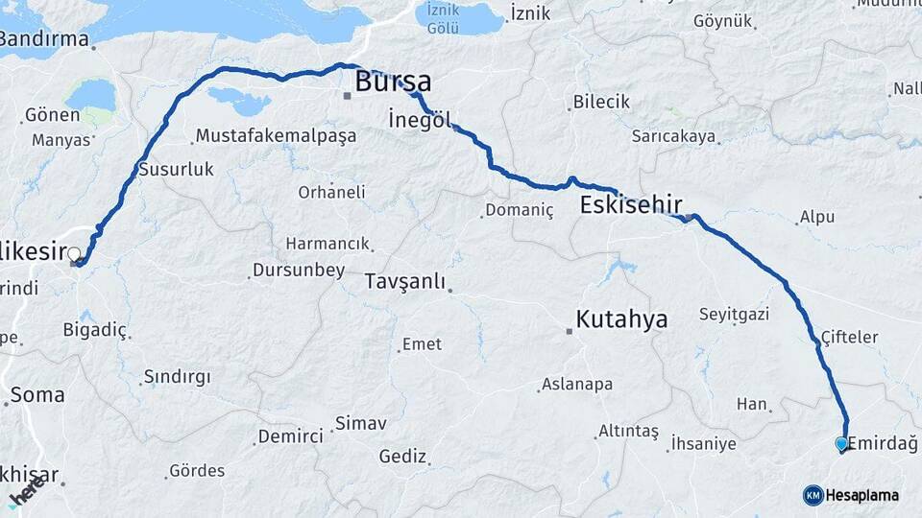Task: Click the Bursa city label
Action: (393, 82)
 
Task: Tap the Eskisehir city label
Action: (631, 204)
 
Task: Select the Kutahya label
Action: (620, 319)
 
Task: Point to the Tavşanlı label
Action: (405, 281)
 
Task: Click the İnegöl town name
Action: (420, 120)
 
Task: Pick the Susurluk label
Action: (176, 169)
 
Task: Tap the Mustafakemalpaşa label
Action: (275, 135)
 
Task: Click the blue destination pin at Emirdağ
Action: (842, 443)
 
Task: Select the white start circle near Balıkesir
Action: (74, 254)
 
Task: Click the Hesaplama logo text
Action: (862, 495)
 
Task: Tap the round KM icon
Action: (813, 495)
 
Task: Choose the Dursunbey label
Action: (298, 271)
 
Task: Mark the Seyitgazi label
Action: (735, 315)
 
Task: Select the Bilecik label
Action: (601, 102)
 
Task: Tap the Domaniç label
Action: (520, 210)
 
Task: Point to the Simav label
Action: (360, 423)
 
